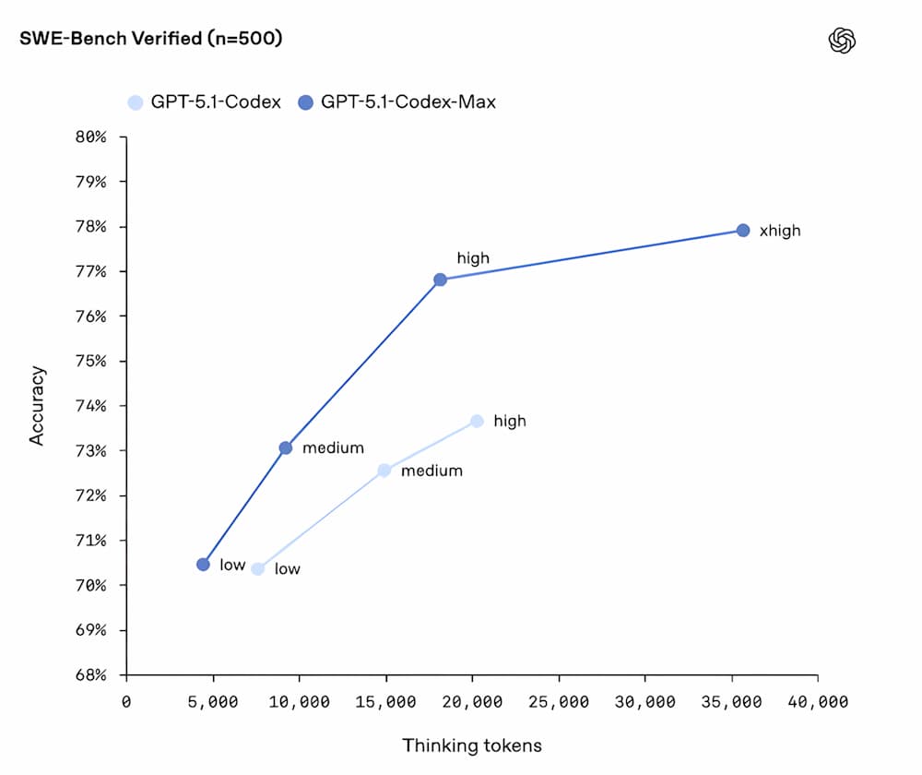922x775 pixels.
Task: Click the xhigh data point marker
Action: point(743,230)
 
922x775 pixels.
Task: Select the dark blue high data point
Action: point(440,280)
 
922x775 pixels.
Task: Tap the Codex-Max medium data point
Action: point(286,447)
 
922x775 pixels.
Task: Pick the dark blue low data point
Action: point(203,564)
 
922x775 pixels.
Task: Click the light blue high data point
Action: point(477,421)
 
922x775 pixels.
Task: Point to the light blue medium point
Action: point(384,471)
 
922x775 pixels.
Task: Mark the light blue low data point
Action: point(257,568)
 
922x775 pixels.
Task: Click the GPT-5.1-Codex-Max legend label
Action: point(408,101)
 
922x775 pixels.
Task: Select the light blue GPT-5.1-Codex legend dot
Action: point(136,101)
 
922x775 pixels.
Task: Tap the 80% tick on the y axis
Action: point(91,137)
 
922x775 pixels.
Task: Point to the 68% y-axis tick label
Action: point(91,674)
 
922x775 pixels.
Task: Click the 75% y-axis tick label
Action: point(91,361)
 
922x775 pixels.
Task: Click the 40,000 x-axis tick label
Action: point(817,703)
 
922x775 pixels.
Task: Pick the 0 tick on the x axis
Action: point(126,703)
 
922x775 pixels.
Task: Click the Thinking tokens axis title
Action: point(471,745)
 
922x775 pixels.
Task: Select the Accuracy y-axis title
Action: point(37,406)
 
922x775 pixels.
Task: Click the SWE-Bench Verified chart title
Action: point(150,39)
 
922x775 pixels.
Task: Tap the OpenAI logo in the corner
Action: point(843,40)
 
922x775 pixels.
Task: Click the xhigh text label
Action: point(780,231)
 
